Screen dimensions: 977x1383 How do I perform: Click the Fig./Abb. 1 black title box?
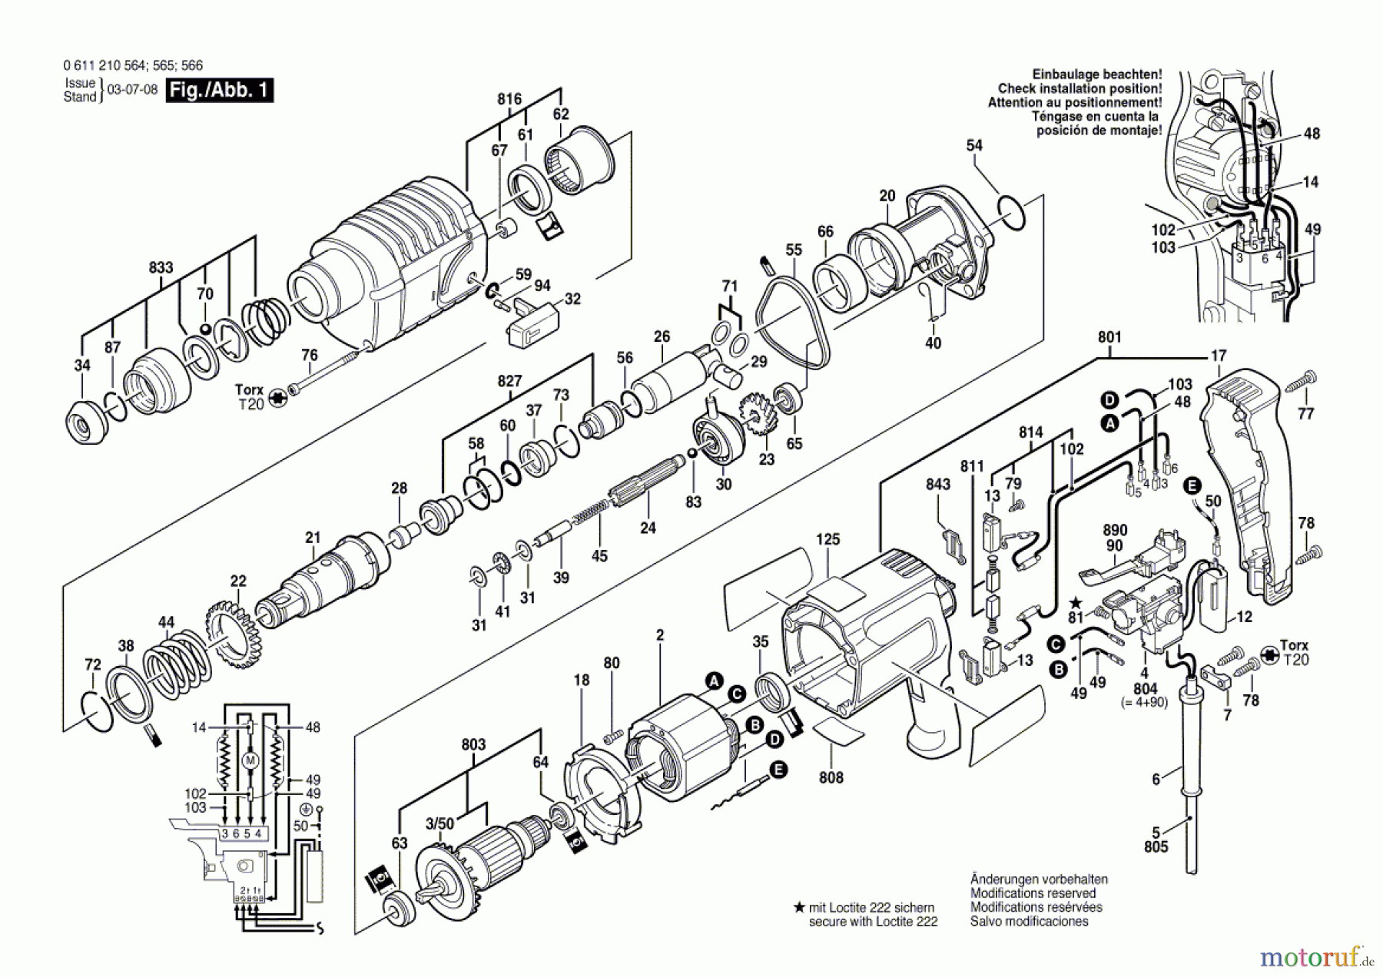(x=219, y=90)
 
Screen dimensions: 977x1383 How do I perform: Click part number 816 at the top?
(x=509, y=99)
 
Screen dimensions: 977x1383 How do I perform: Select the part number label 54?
(x=974, y=145)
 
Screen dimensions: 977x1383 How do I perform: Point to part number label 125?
(x=827, y=539)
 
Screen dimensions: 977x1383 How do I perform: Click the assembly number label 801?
(x=1109, y=336)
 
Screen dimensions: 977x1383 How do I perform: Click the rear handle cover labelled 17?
(x=1249, y=484)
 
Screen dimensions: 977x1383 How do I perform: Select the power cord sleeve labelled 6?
(x=1190, y=737)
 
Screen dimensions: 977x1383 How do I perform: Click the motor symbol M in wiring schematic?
(x=250, y=760)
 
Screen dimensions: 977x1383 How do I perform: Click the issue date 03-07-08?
(x=132, y=90)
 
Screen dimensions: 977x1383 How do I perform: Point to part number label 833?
(x=161, y=267)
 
